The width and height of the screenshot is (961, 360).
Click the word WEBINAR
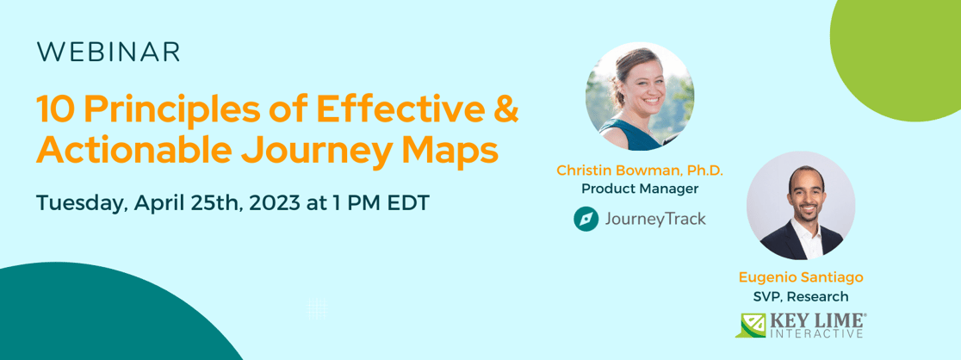click(x=108, y=53)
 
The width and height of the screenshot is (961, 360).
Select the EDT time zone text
click(x=405, y=204)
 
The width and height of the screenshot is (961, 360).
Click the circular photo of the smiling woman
click(x=640, y=96)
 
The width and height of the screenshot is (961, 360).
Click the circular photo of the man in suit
click(x=800, y=206)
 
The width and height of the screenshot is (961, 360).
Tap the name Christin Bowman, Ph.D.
click(x=640, y=171)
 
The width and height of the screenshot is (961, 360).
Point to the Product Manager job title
click(x=640, y=189)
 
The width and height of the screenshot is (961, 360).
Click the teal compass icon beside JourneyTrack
click(x=586, y=219)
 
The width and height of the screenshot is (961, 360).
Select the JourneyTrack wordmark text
click(x=655, y=219)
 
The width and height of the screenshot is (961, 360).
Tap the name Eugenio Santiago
click(x=801, y=277)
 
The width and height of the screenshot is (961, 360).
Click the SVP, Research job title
click(x=801, y=296)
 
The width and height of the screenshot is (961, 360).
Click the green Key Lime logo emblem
click(x=750, y=325)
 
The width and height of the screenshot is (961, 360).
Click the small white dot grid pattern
click(x=317, y=308)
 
